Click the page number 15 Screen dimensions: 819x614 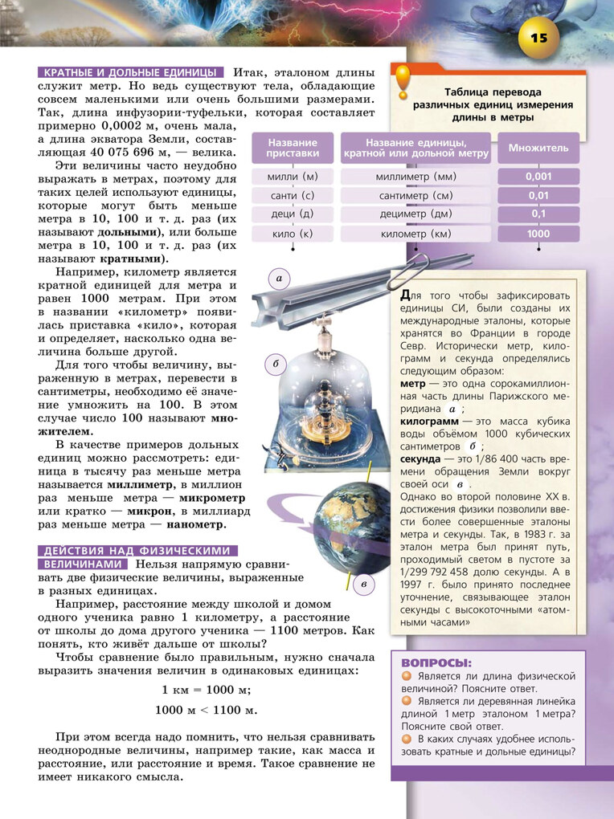538,38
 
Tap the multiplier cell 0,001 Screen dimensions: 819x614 538,176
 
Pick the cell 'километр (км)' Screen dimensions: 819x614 415,234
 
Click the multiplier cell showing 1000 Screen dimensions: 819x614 538,234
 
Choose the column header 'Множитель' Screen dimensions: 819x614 538,148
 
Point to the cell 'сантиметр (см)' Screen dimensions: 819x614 415,195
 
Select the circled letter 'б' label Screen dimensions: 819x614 276,364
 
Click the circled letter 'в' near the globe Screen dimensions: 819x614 363,584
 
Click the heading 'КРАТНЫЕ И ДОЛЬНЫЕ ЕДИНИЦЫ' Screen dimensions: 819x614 129,72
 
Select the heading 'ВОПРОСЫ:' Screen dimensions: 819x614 436,663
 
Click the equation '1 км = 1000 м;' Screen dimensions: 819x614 207,690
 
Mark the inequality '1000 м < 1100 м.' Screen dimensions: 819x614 207,710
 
